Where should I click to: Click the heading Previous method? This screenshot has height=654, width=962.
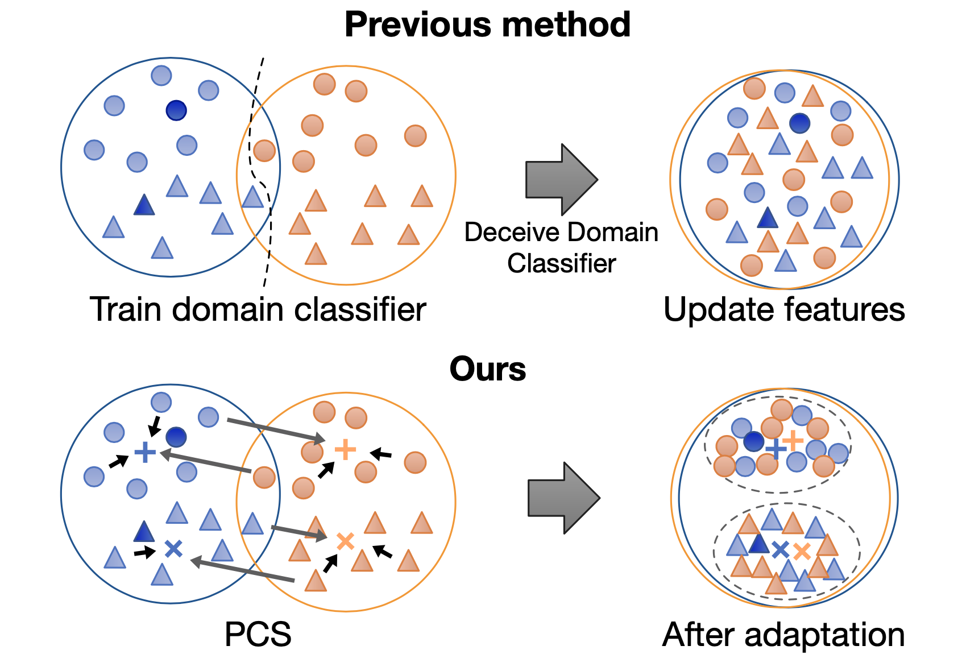pos(487,24)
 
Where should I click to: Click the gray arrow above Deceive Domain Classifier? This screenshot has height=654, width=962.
pos(561,180)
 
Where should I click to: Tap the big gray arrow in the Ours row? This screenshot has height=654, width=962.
pos(563,498)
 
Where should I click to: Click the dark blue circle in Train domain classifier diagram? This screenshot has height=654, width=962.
pos(176,110)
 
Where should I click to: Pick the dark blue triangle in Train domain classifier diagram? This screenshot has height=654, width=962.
pos(144,206)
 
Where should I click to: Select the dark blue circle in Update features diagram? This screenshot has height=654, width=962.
pos(799,123)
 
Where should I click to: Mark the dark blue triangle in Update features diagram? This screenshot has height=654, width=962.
pos(768,218)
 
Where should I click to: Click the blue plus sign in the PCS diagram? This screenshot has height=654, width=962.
pos(145,453)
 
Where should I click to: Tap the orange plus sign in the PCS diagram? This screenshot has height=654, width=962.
pos(345,449)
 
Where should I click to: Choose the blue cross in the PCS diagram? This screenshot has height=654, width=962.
pos(173,548)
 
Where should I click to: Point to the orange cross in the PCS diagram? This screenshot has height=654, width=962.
pos(345,541)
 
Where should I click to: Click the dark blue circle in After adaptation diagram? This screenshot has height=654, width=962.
pos(754,441)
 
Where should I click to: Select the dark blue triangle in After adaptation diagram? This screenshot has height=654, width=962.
pos(758,545)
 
